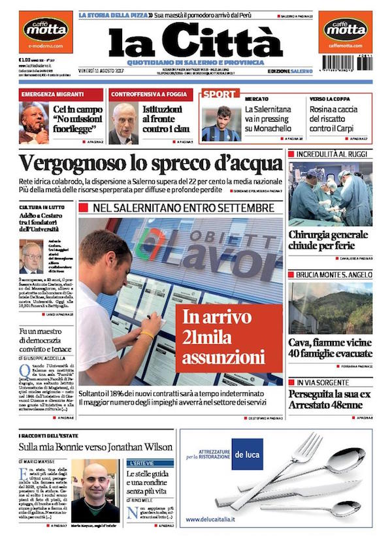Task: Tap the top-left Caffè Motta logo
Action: (45, 29)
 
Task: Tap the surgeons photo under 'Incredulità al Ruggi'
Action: (330, 194)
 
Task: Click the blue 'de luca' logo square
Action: (247, 455)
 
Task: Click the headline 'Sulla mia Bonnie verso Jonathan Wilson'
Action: (95, 447)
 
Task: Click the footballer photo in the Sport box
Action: (221, 123)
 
